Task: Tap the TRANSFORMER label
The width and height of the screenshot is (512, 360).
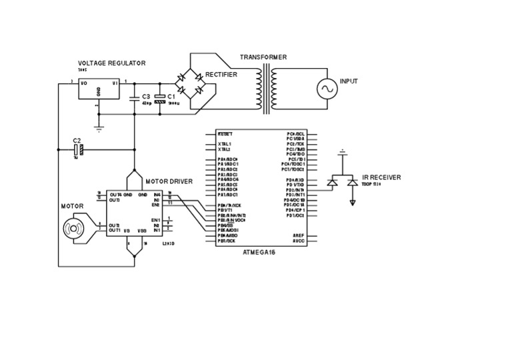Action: pyautogui.click(x=263, y=57)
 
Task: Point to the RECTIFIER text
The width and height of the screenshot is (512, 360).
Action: pyautogui.click(x=221, y=75)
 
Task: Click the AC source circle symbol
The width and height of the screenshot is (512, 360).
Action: pyautogui.click(x=327, y=89)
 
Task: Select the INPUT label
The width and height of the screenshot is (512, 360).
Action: pyautogui.click(x=349, y=81)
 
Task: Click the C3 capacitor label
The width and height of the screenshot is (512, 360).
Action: pyautogui.click(x=146, y=97)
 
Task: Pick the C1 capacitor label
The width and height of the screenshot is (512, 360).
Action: pyautogui.click(x=171, y=97)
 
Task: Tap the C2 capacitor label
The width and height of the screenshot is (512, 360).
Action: pyautogui.click(x=77, y=141)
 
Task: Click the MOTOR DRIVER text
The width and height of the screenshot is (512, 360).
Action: pyautogui.click(x=169, y=181)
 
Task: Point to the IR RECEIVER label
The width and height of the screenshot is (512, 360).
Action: pyautogui.click(x=381, y=178)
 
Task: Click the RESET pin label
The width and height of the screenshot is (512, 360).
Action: pyautogui.click(x=225, y=133)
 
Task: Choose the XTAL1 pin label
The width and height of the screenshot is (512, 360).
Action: pyautogui.click(x=224, y=143)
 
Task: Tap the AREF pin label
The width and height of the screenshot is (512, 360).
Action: pyautogui.click(x=299, y=235)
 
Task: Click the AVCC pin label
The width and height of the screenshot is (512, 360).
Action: pyautogui.click(x=299, y=241)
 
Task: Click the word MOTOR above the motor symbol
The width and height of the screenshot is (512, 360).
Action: pyautogui.click(x=72, y=207)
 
